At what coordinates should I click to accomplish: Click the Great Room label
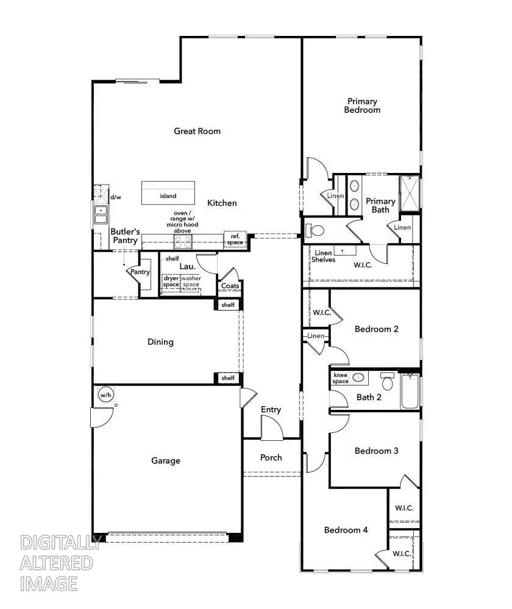[x=197, y=131]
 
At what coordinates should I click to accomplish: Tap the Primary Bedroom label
[x=362, y=105]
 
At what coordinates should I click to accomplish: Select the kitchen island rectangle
[x=169, y=194]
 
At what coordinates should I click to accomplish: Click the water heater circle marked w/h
[x=105, y=395]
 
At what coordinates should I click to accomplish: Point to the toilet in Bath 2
[x=387, y=382]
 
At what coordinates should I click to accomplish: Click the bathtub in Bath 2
[x=410, y=393]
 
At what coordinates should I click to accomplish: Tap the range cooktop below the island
[x=182, y=242]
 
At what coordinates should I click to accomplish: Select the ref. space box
[x=235, y=239]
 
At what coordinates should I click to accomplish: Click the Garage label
[x=166, y=460]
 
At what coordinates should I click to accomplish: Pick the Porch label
[x=271, y=457]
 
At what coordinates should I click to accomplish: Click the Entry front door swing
[x=272, y=428]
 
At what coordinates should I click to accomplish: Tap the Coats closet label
[x=230, y=286]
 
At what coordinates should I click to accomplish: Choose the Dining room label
[x=160, y=342]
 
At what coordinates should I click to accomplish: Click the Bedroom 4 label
[x=346, y=530]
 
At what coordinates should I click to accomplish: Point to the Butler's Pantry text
[x=126, y=236]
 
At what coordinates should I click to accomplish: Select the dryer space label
[x=171, y=281]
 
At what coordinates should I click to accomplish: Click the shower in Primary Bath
[x=410, y=192]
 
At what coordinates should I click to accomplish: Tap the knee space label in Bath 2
[x=340, y=378]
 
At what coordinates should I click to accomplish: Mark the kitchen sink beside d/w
[x=100, y=215]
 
